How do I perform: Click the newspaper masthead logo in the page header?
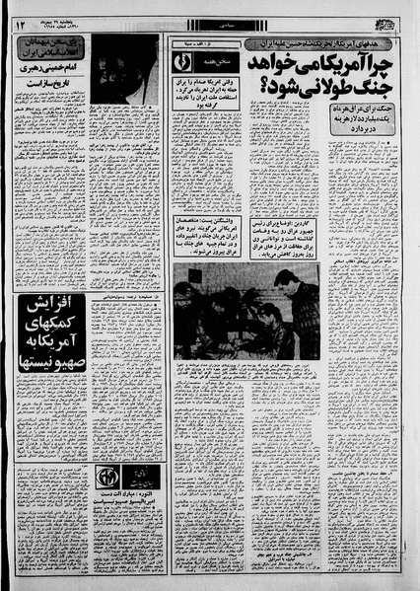coord(386,18)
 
